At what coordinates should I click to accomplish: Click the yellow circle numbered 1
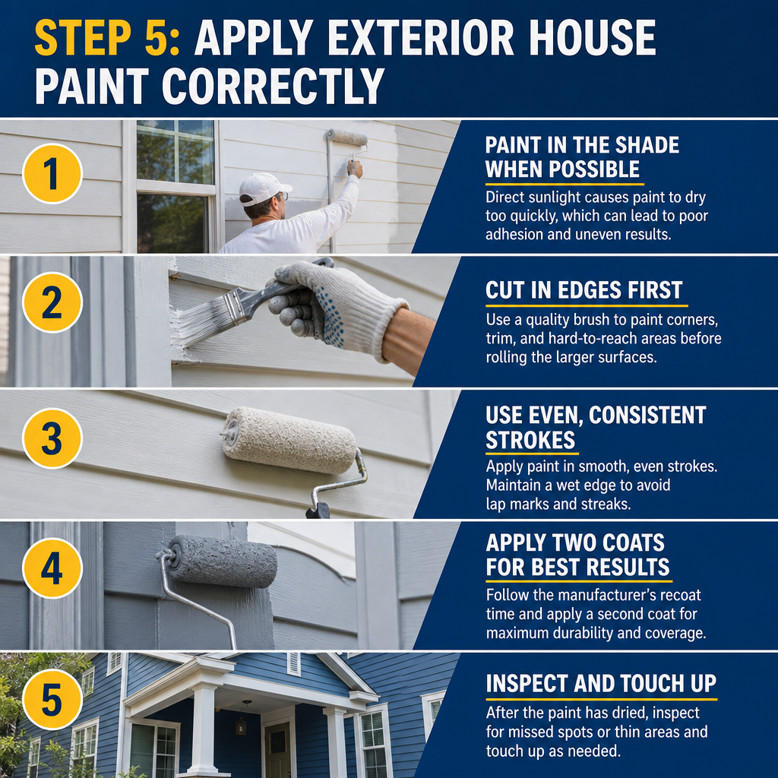coord(52,174)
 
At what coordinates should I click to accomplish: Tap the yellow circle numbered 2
coord(52,302)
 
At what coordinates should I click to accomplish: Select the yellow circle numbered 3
coord(52,438)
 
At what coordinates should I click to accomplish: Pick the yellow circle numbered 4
coord(52,568)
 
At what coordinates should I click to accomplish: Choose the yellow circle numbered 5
coord(52,699)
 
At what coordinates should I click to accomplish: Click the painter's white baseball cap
coord(264,188)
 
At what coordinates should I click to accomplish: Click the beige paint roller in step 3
coord(289,440)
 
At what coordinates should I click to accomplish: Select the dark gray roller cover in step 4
coord(223,561)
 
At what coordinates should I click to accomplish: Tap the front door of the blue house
coord(277,748)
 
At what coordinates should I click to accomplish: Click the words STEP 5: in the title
coord(106,38)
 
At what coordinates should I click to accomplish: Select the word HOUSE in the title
coord(593,38)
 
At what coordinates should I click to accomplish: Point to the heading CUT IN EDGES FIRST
coord(584,290)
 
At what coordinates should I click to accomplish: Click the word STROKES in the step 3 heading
coord(530,440)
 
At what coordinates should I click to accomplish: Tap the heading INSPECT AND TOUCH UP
coord(601,684)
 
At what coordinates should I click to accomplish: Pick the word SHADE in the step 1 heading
coord(647,145)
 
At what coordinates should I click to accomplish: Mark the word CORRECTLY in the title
coord(273,86)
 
